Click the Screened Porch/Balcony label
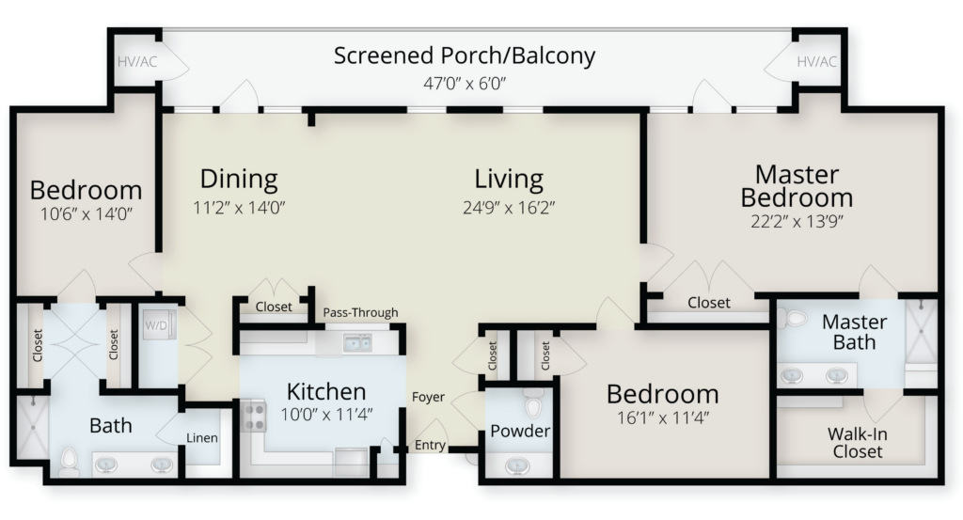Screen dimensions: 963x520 [x=465, y=55]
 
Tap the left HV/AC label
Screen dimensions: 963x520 [x=137, y=62]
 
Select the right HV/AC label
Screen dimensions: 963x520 [x=816, y=62]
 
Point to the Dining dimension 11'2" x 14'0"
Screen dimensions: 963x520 [x=239, y=208]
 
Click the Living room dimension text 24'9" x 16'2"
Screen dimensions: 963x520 [x=509, y=208]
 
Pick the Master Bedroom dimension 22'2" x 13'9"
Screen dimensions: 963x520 [x=797, y=221]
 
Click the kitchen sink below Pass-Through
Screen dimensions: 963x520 [x=356, y=343]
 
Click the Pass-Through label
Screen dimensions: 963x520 [x=360, y=312]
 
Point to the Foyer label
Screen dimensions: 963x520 [x=428, y=397]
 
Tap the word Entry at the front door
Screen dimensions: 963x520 [x=430, y=445]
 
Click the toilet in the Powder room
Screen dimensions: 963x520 [x=533, y=403]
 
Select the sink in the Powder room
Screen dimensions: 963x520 [x=517, y=466]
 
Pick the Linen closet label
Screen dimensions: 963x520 [x=202, y=438]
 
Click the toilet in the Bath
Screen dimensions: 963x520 [x=70, y=462]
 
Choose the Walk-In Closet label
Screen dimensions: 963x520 [x=858, y=443]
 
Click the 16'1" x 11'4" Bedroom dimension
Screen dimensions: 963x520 [x=663, y=418]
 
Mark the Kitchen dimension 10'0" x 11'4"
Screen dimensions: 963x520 [x=326, y=415]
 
